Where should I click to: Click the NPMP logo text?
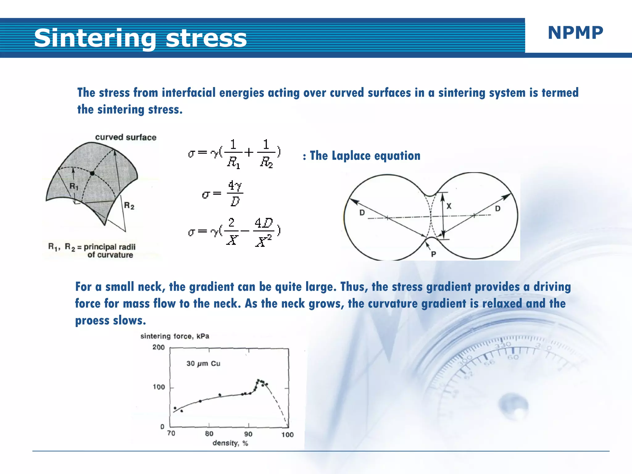pos(575,33)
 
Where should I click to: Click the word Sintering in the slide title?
pos(95,38)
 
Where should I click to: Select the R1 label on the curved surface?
pos(74,186)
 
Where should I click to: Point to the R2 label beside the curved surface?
pos(129,206)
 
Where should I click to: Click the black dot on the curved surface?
pos(92,173)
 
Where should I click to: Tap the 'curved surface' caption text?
pos(126,137)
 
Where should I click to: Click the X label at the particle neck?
pos(449,206)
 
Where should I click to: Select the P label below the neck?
pos(434,254)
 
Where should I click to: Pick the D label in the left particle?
pos(362,213)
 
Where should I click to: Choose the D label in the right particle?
pos(497,209)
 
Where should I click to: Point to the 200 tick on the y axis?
pos(159,347)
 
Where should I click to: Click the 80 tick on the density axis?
pos(209,434)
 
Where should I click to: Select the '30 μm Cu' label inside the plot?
pos(203,364)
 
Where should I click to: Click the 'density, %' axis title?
pos(230,443)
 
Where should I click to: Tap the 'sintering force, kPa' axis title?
pos(175,336)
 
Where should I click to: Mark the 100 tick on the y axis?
pos(159,387)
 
